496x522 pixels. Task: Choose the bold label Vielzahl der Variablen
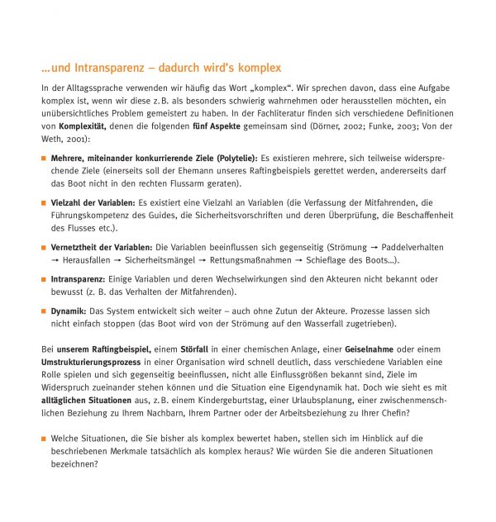(93, 202)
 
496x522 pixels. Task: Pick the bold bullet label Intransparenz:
(79, 279)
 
